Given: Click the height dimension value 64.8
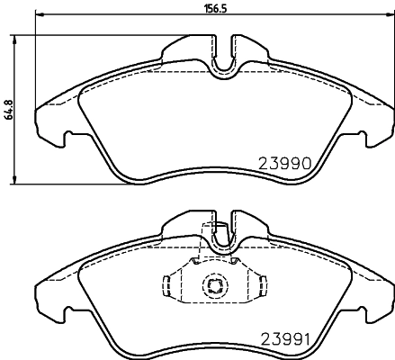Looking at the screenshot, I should point(9,108).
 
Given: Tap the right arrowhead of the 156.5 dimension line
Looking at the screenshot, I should point(387,17).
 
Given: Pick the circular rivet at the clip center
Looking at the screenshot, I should point(215,288).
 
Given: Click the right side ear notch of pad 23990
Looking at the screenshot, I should point(364,139).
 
